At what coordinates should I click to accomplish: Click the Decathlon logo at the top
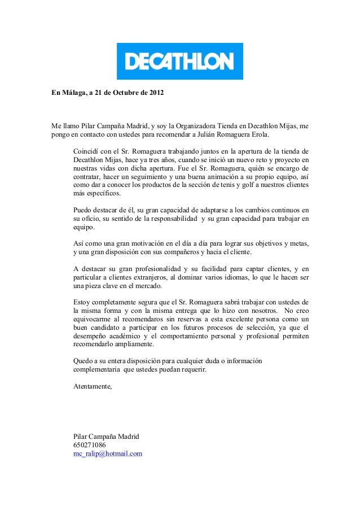coord(179,61)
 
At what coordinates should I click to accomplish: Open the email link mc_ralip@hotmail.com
coord(108,454)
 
